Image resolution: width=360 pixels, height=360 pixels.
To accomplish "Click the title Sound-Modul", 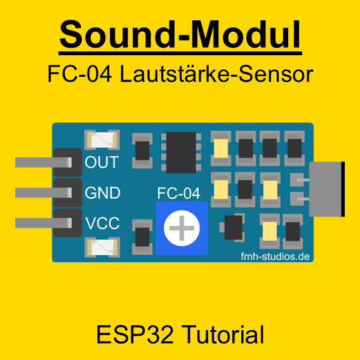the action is (x=180, y=34).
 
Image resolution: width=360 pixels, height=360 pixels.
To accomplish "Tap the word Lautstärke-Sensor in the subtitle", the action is (x=217, y=74).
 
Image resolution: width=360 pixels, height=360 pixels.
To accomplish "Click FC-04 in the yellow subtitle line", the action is (x=79, y=74).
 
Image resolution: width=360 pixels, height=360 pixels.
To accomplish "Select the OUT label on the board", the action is (x=102, y=162).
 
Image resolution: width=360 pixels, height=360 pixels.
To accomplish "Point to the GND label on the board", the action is (x=102, y=192).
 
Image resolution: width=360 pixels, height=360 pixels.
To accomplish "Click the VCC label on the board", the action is (x=102, y=223).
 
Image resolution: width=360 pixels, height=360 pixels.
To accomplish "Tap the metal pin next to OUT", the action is (x=43, y=163).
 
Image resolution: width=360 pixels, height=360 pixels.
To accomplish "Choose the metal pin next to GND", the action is (x=43, y=192).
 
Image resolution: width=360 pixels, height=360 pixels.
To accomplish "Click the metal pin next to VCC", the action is (x=43, y=223).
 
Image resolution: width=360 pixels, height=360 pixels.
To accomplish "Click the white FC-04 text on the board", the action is (x=178, y=193).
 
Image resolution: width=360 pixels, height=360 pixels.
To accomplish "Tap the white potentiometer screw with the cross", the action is (x=182, y=228).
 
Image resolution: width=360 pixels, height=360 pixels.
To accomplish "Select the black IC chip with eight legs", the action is (x=181, y=152).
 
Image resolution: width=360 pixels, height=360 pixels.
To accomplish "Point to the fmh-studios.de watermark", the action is (x=276, y=257).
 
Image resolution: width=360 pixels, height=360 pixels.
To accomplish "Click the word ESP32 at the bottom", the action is (x=135, y=335).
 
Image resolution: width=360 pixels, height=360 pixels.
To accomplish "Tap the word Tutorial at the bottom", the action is (x=224, y=335).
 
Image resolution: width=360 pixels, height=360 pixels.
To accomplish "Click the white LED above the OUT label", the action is (x=102, y=140).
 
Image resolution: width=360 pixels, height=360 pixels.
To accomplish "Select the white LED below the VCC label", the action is (x=102, y=247).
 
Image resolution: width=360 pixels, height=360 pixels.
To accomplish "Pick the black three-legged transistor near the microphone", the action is (x=232, y=227).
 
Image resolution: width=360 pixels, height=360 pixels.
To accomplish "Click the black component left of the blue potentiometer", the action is (x=142, y=237).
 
